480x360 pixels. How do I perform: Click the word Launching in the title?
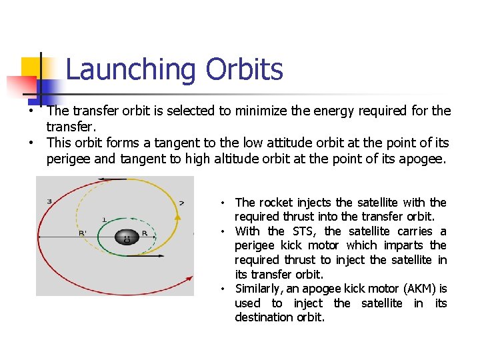[x=131, y=70]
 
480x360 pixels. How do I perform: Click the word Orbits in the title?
[x=244, y=69]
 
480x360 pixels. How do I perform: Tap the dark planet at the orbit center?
[x=125, y=237]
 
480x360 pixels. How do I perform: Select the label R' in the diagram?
[x=83, y=233]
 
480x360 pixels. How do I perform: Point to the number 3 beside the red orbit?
[x=49, y=201]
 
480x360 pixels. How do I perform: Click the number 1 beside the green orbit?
[x=104, y=219]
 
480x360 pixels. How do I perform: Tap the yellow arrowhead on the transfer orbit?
[x=177, y=216]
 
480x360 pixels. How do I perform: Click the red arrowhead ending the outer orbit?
[x=189, y=277]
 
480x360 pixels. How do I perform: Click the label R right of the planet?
[x=145, y=233]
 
